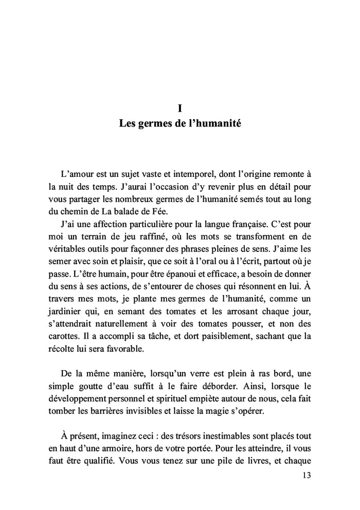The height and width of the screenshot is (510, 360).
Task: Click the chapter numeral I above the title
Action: tap(179, 109)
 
